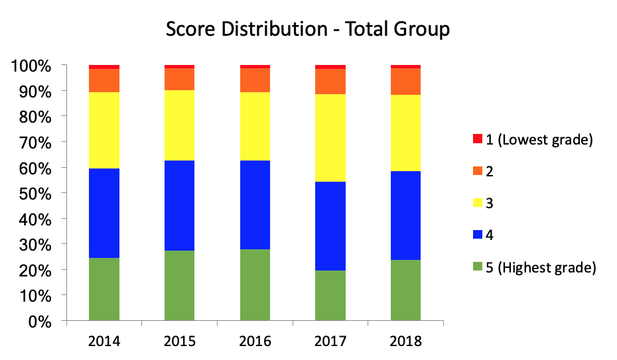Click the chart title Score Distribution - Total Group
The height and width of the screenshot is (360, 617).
(x=308, y=29)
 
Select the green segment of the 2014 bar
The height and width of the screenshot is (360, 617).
(x=104, y=289)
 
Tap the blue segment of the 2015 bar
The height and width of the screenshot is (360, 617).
(x=179, y=206)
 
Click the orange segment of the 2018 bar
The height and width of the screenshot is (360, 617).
(x=405, y=81)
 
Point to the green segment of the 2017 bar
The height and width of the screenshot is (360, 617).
(x=330, y=296)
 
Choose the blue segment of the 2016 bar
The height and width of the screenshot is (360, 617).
(x=255, y=205)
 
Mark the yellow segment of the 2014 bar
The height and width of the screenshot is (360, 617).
(x=104, y=130)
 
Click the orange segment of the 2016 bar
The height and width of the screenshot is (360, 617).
(x=255, y=80)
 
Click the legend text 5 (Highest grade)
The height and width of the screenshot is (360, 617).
(x=541, y=267)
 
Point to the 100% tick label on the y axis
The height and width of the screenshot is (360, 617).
(x=31, y=66)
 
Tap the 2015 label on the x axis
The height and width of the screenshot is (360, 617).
(x=179, y=342)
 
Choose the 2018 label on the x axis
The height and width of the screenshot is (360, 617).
(x=405, y=342)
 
